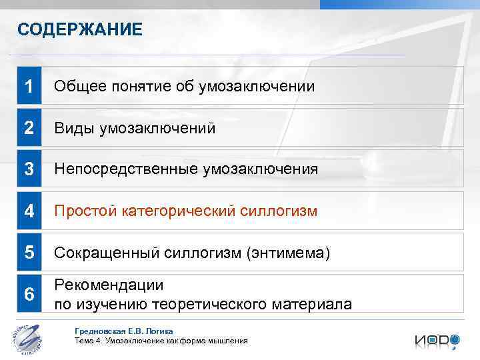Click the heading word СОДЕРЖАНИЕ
pos(80,30)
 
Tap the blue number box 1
pos(29,86)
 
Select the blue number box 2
pos(29,128)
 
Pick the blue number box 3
pos(29,169)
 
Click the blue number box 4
pos(29,211)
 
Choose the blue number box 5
pos(29,253)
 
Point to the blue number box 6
pos(29,294)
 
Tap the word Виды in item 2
pos(74,128)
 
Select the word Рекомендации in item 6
pos(109,285)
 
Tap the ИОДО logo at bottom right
pos(437,340)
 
